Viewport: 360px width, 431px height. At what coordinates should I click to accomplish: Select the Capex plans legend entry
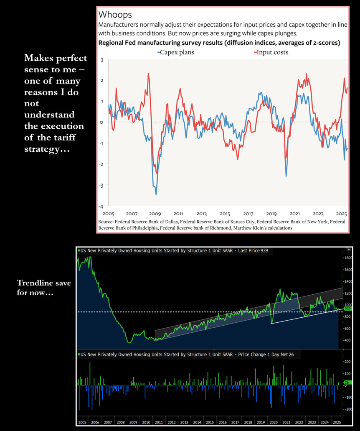pos(175,52)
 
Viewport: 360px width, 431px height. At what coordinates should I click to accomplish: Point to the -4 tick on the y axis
pos(101,206)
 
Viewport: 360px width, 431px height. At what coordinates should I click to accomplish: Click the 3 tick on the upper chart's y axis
pos(102,60)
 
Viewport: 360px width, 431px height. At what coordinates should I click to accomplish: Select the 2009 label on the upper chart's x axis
pos(155,213)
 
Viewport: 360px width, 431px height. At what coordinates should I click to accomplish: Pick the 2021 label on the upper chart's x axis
pos(295,213)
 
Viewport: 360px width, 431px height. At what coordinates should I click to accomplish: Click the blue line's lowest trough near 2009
pos(156,194)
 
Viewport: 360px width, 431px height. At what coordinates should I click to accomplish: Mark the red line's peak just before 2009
pos(148,74)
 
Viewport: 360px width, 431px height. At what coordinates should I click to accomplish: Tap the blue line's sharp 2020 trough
pos(286,176)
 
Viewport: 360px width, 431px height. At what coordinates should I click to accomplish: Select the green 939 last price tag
pos(347,309)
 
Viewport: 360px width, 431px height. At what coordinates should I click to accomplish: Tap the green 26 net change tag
pos(346,383)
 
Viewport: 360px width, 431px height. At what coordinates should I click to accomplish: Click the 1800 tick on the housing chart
pos(348,258)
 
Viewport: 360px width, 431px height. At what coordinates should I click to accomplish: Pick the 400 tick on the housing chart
pos(348,340)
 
